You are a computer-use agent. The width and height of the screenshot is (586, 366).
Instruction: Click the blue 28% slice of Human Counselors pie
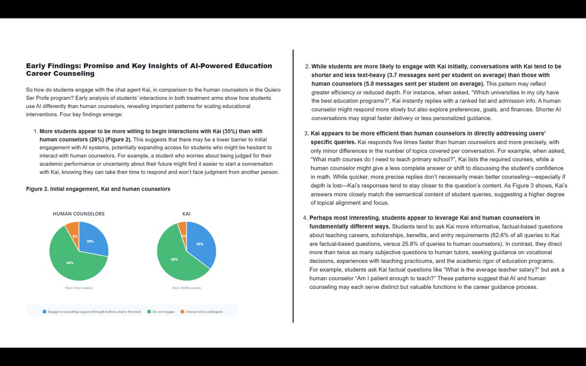tap(93, 240)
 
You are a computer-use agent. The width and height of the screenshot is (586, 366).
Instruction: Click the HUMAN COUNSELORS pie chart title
tap(79, 214)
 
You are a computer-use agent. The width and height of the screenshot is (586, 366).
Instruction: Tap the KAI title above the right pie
tap(186, 214)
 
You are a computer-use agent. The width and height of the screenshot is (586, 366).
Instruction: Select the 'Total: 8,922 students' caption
tap(79, 288)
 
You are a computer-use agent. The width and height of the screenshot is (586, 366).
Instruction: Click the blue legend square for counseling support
tap(45, 311)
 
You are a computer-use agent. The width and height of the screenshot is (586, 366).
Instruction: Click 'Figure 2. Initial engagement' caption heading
tap(98, 189)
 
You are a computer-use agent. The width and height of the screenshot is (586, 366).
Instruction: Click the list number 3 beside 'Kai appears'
tap(306, 133)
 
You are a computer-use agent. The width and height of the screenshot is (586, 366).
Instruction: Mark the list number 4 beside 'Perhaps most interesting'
tap(306, 218)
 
